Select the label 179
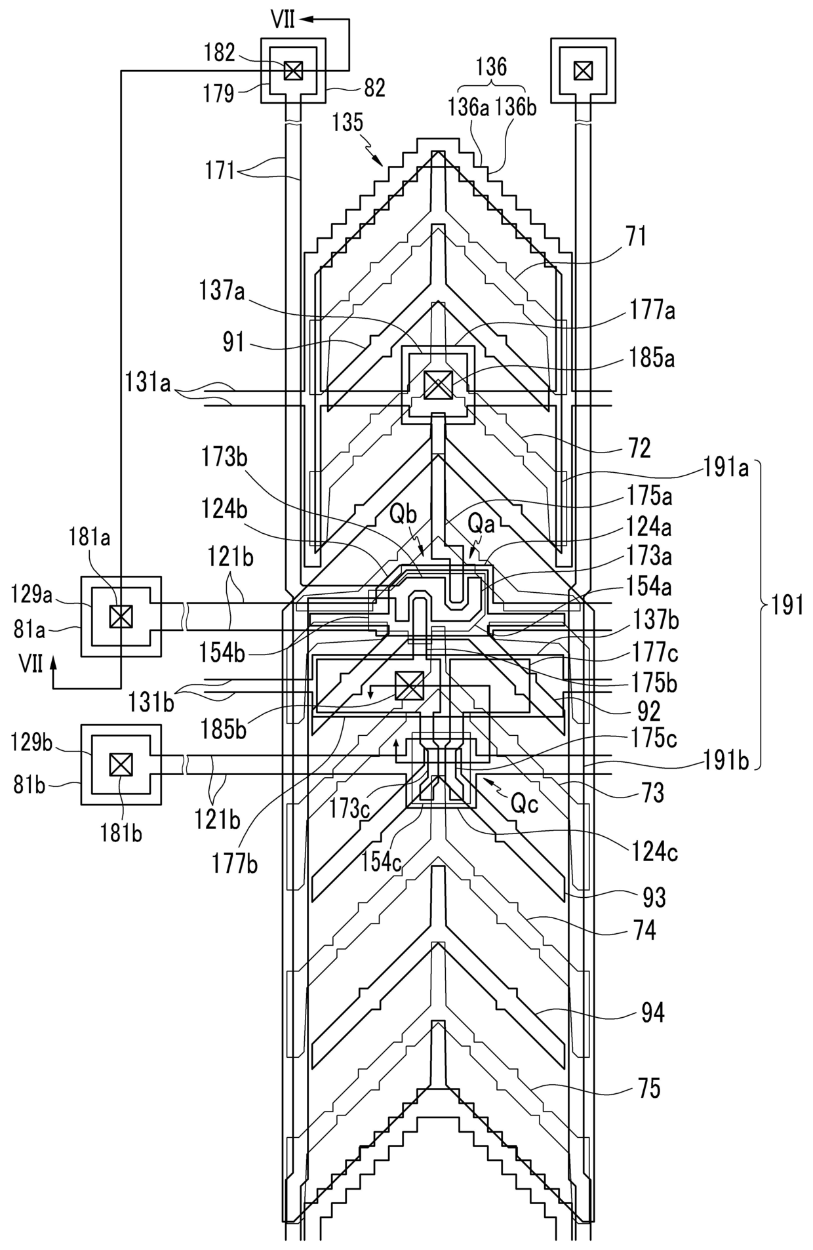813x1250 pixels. pos(220,94)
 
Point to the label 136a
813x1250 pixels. pos(469,108)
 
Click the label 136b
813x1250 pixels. pos(516,108)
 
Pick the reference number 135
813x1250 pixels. pos(349,123)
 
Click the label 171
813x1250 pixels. pos(219,171)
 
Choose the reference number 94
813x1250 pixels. pos(652,1013)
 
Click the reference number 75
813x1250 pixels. pos(648,1089)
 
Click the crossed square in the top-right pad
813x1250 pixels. pos(582,70)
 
